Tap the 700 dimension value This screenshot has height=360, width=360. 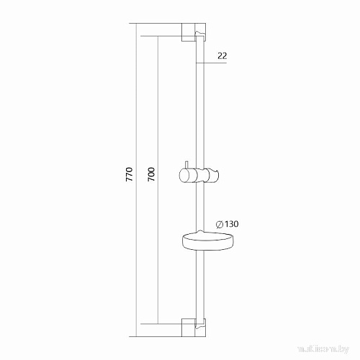point(152,178)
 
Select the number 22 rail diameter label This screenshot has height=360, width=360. point(222,55)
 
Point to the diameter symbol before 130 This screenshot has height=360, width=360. point(219,225)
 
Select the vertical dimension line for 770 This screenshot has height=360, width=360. point(135,108)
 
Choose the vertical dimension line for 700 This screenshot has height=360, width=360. point(158,108)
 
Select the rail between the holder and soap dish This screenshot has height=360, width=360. point(197,209)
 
